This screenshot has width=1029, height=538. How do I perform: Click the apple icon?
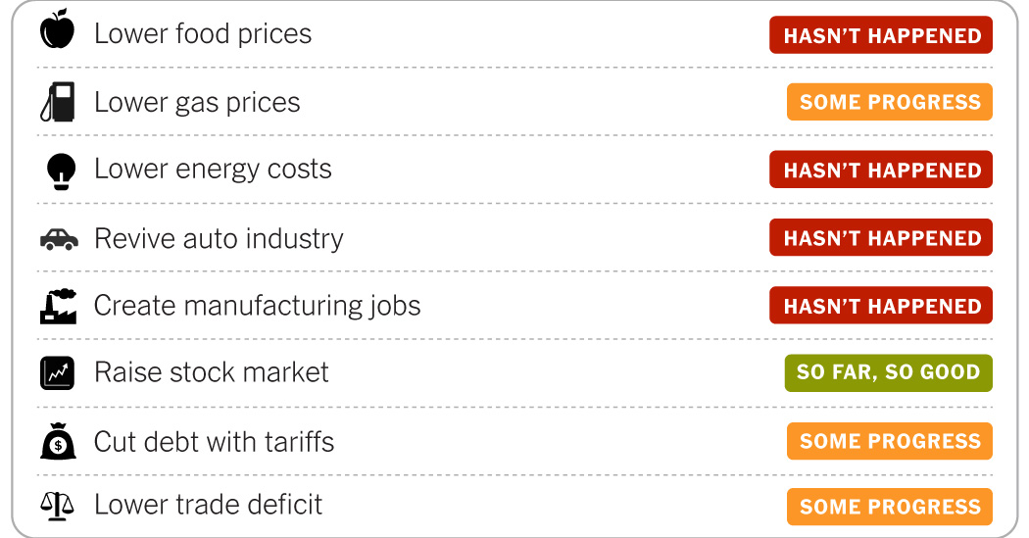click(x=57, y=32)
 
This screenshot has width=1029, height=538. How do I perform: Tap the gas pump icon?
click(x=58, y=102)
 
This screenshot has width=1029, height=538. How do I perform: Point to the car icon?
click(x=58, y=239)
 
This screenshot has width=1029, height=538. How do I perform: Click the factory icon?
click(x=58, y=306)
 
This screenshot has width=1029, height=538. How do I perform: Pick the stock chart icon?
click(x=58, y=372)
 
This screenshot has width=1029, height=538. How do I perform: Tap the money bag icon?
click(x=58, y=442)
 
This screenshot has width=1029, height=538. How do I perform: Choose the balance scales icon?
click(x=57, y=506)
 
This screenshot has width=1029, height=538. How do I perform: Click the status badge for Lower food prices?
click(x=881, y=35)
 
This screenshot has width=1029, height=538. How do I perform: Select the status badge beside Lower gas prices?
click(x=889, y=102)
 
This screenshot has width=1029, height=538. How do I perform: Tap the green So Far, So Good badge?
click(x=888, y=372)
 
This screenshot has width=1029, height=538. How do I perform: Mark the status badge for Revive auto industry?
click(x=881, y=238)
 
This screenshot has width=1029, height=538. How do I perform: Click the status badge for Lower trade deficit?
click(x=889, y=507)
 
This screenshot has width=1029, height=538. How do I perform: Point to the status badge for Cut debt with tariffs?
click(x=889, y=441)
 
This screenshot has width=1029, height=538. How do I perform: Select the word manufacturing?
click(x=275, y=306)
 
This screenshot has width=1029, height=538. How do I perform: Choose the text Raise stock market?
click(x=211, y=372)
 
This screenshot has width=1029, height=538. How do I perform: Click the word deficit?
click(x=282, y=506)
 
